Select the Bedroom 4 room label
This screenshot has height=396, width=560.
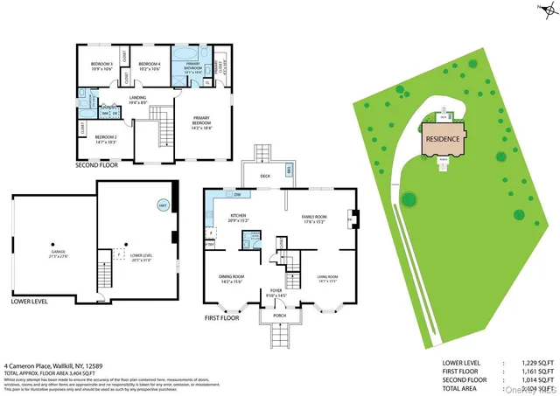[x=150, y=66]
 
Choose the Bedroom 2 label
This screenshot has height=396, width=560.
[x=106, y=138]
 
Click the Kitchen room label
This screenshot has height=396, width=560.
[x=239, y=218]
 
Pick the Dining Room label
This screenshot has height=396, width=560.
[x=232, y=278]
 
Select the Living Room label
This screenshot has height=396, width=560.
[x=327, y=278]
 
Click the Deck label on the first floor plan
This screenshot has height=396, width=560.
[x=265, y=175]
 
